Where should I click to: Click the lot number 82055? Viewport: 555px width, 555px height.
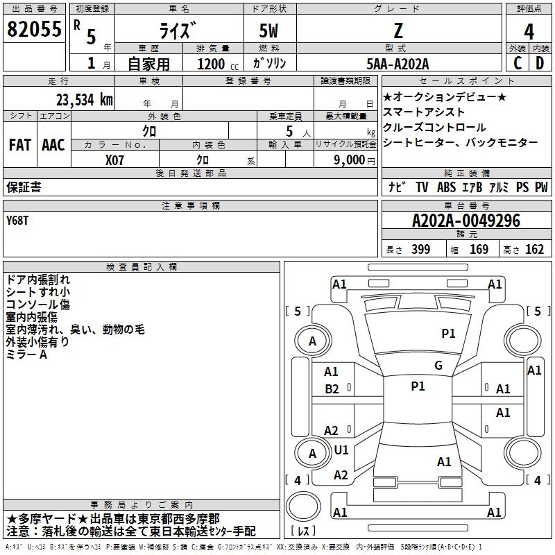click(34, 29)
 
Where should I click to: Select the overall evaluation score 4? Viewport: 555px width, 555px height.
click(529, 32)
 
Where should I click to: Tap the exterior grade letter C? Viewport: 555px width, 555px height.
click(518, 63)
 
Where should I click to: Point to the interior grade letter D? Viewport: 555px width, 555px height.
click(540, 63)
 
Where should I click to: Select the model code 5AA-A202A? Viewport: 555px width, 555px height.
click(398, 63)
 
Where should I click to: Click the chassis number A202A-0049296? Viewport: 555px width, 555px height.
click(466, 221)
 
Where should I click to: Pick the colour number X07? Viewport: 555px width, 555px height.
click(115, 159)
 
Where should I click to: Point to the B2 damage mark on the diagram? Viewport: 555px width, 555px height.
click(332, 388)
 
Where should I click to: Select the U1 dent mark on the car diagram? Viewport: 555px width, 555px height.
click(341, 450)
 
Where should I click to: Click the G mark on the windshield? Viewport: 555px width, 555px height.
click(438, 365)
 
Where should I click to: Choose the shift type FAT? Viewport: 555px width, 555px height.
click(19, 145)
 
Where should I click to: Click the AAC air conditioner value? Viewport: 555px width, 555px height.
click(53, 145)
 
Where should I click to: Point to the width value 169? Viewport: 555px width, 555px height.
click(479, 250)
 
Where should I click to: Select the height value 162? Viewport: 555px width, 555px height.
click(534, 250)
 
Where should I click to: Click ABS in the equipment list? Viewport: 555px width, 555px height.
click(446, 187)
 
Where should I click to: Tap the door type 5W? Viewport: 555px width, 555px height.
click(270, 32)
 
